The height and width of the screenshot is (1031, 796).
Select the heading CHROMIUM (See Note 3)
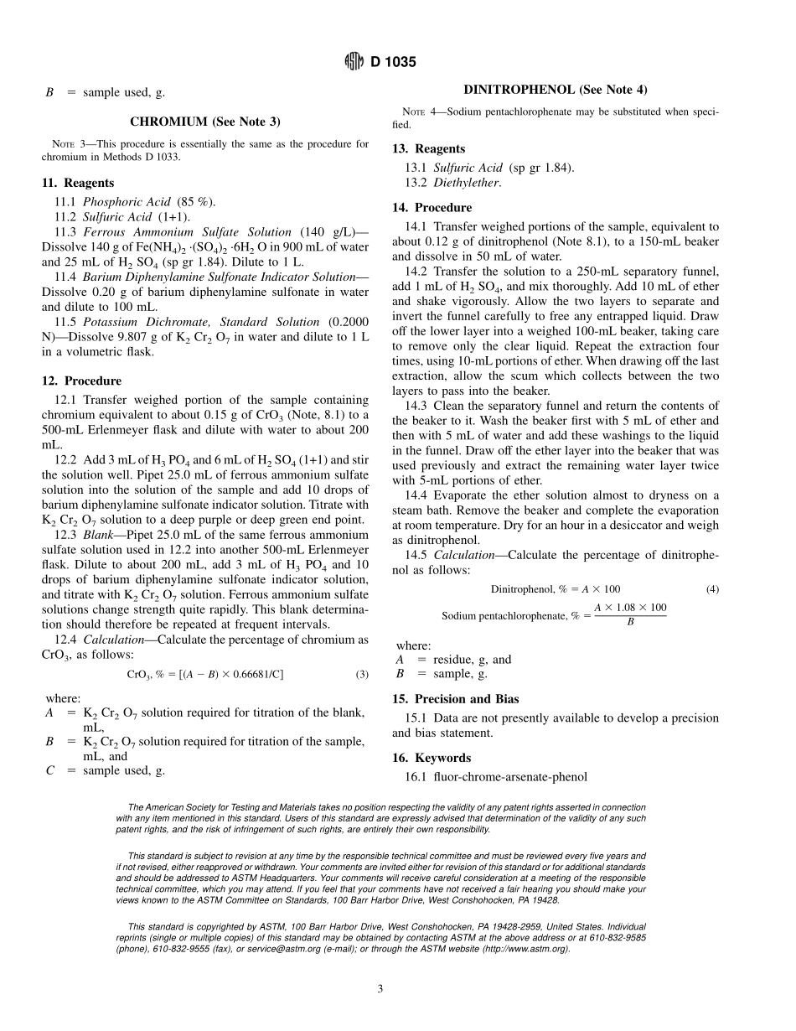(204, 122)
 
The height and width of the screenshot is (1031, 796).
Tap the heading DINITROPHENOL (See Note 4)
(556, 90)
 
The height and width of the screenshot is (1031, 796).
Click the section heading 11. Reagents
(78, 183)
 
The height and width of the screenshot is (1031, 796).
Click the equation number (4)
(712, 589)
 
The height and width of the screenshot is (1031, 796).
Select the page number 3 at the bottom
(380, 989)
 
